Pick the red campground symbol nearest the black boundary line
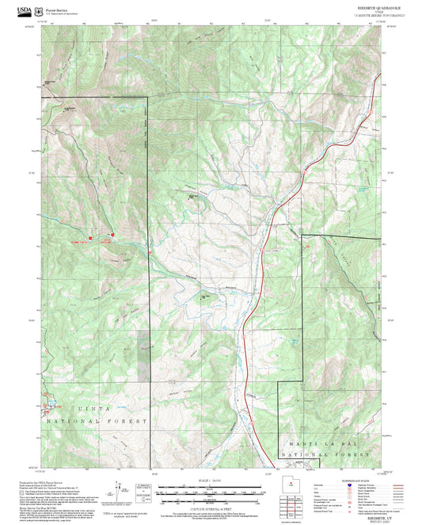pyautogui.click(x=113, y=234)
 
